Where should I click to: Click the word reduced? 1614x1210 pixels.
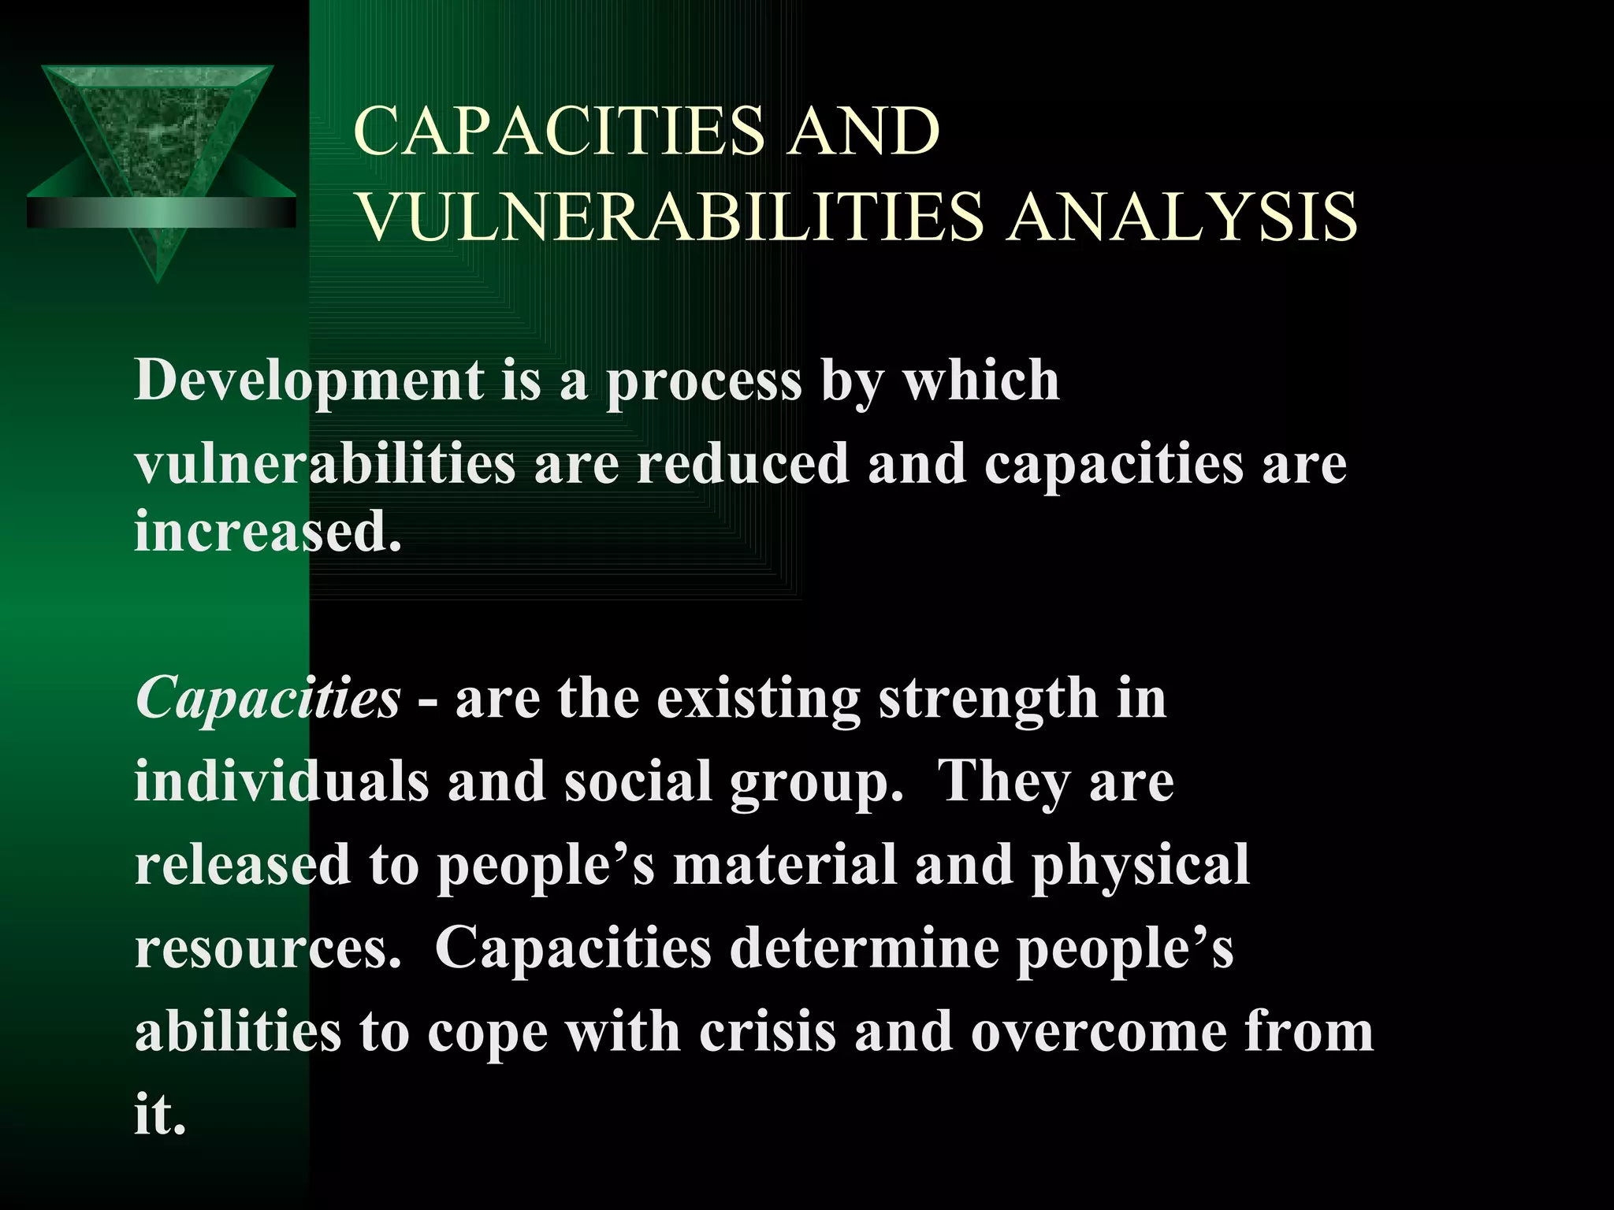(x=742, y=464)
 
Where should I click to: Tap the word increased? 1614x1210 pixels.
(x=268, y=532)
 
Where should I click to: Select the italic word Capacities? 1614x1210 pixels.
(x=268, y=700)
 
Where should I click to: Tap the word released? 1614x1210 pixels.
(x=243, y=865)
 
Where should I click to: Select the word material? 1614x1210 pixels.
(x=785, y=865)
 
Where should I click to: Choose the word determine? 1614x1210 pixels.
(x=864, y=948)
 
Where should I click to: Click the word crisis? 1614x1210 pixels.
(x=767, y=1032)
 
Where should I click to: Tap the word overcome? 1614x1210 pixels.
(x=1098, y=1032)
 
